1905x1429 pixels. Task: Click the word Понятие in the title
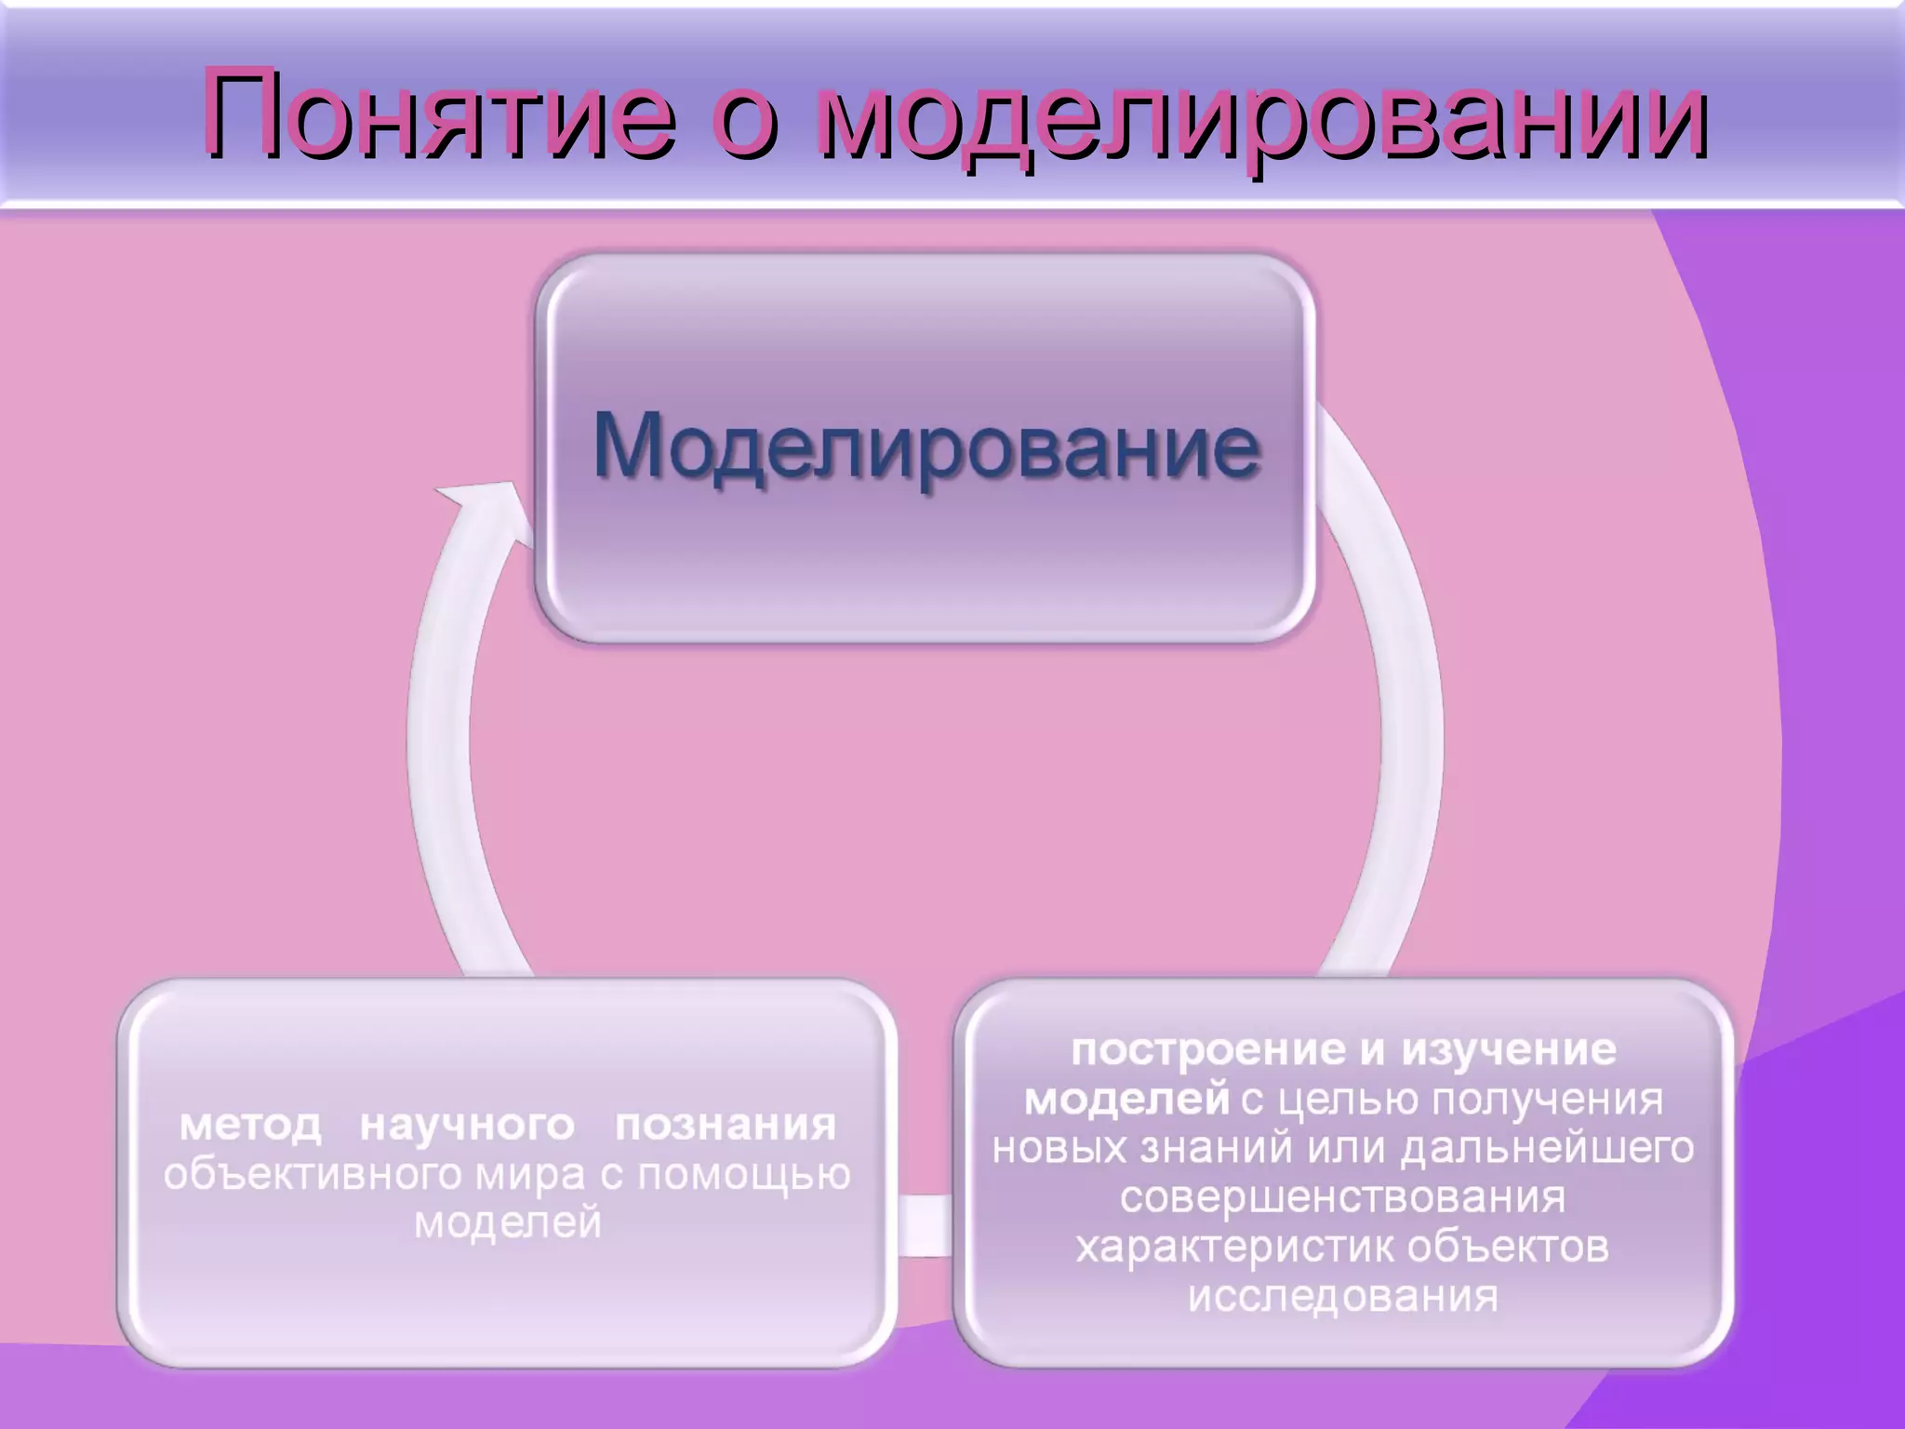pyautogui.click(x=437, y=114)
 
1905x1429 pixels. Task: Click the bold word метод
pyautogui.click(x=250, y=1125)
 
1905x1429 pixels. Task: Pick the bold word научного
pyautogui.click(x=467, y=1125)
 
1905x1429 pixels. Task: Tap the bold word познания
pyautogui.click(x=726, y=1125)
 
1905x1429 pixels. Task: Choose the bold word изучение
pyautogui.click(x=1509, y=1049)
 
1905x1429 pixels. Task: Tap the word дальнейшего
pyautogui.click(x=1548, y=1148)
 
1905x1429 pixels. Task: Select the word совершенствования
pyautogui.click(x=1343, y=1196)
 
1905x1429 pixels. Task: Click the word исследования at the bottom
pyautogui.click(x=1343, y=1296)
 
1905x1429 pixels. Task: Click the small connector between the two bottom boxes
pyautogui.click(x=925, y=1225)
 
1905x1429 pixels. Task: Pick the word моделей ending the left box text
pyautogui.click(x=508, y=1222)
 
